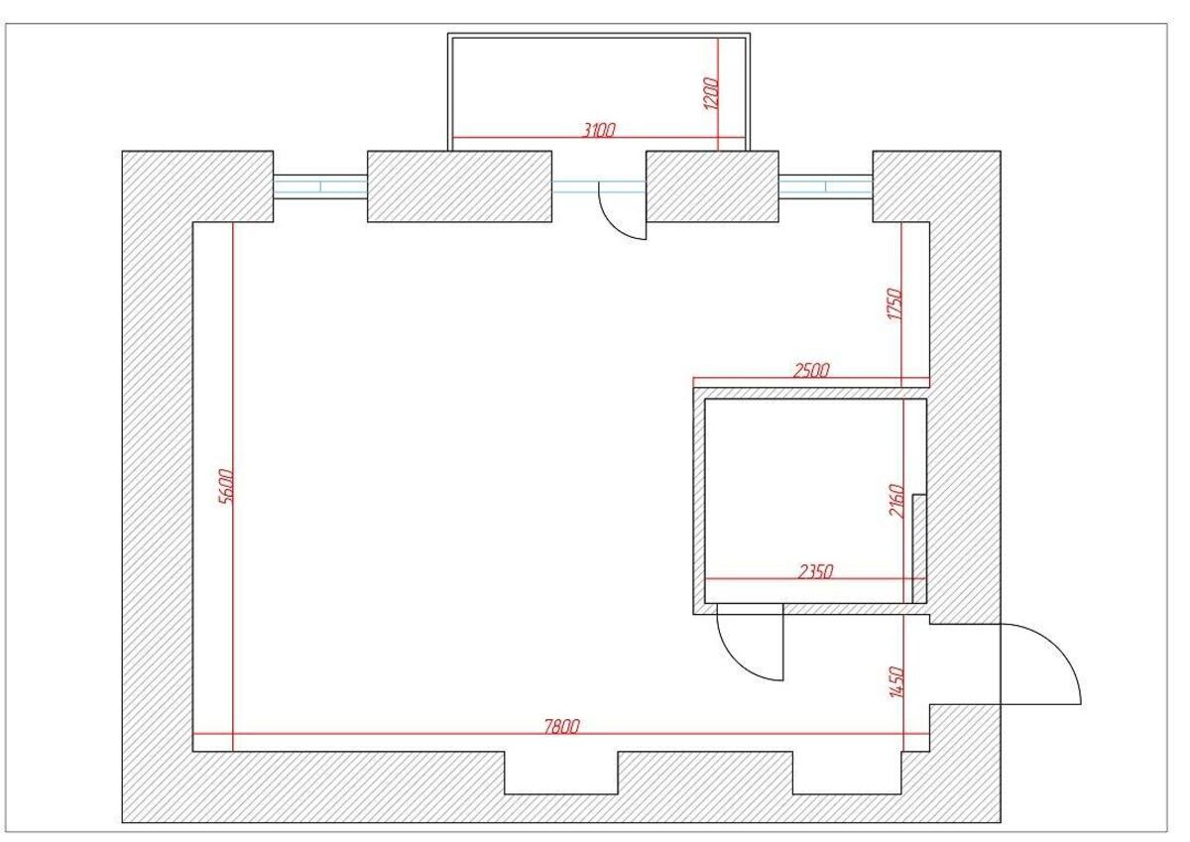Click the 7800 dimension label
pos(561,727)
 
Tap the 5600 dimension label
pos(224,486)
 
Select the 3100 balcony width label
pos(599,129)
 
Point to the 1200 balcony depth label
pos(710,94)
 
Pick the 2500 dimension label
pos(811,371)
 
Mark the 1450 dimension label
pos(895,682)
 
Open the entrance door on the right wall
pos(1041,664)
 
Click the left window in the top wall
pos(320,186)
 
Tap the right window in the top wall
pos(825,186)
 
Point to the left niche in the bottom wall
pos(561,773)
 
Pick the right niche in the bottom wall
pos(847,773)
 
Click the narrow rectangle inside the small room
pos(919,548)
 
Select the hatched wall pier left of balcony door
pos(459,186)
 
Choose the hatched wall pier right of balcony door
pos(712,186)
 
